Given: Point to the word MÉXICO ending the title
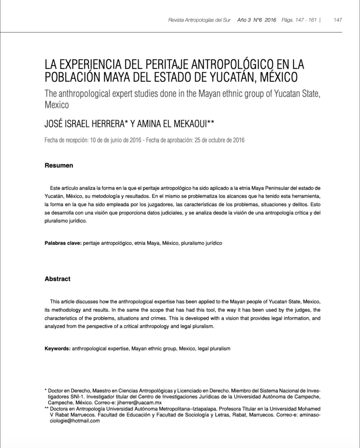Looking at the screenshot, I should coord(275,77).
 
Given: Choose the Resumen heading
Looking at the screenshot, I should coord(59,166).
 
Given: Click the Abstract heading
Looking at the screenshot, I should coord(57,279).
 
